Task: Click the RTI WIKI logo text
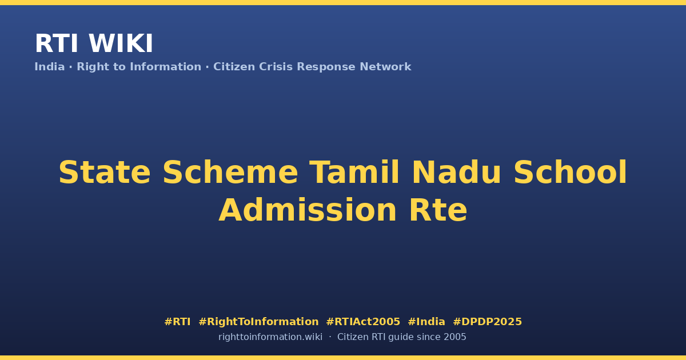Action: pos(94,43)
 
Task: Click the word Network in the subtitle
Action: pos(385,66)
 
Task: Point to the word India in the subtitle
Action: pos(50,66)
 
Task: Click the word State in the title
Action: pos(105,173)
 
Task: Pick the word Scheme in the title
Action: pos(230,173)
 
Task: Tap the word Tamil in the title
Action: pos(354,173)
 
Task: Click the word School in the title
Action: pos(571,173)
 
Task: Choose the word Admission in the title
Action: pos(308,210)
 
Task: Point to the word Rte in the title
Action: pos(438,210)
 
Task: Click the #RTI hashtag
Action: pos(177,322)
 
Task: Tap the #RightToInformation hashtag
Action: pos(258,322)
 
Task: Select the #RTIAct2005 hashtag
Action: pos(363,322)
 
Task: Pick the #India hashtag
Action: pos(426,322)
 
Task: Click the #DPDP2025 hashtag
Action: pos(487,322)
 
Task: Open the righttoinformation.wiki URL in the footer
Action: pos(270,337)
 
